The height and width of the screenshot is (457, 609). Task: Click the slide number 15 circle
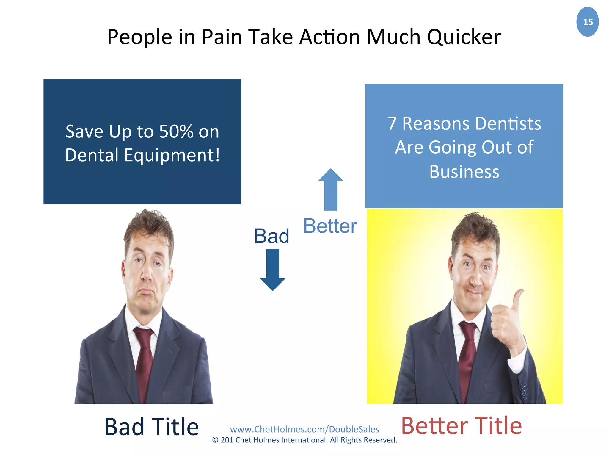click(587, 22)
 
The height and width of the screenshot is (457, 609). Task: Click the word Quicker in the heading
click(464, 37)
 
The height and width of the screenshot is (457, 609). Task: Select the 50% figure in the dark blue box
click(176, 132)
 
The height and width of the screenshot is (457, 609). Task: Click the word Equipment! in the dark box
click(172, 155)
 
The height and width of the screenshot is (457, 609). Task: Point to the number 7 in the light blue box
click(392, 123)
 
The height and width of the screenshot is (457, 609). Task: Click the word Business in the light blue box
click(464, 172)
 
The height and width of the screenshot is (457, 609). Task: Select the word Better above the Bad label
click(330, 226)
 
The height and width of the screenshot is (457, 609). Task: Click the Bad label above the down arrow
click(271, 236)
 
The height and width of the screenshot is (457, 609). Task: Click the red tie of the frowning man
click(144, 357)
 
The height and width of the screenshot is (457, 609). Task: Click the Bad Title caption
click(151, 427)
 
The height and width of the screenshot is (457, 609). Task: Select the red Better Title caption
click(461, 426)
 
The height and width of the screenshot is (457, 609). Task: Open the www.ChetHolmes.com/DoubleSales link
click(304, 429)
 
